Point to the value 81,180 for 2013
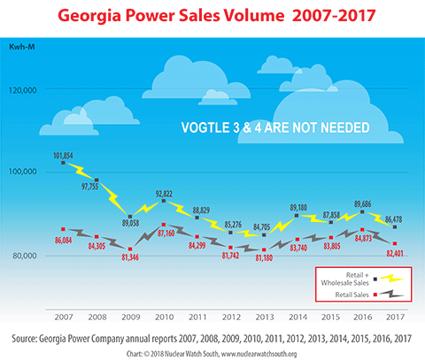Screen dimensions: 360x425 point(263,258)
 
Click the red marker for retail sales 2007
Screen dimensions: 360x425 point(63,229)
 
